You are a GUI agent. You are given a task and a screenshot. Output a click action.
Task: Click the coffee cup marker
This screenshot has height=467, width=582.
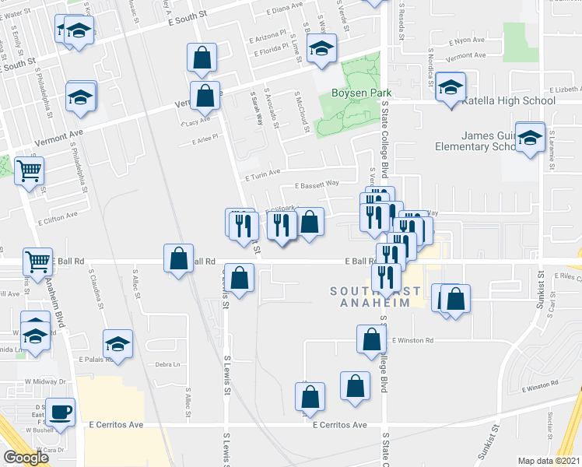pyautogui.click(x=60, y=411)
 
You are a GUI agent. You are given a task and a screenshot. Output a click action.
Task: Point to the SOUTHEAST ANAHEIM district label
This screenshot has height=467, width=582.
pyautogui.click(x=374, y=297)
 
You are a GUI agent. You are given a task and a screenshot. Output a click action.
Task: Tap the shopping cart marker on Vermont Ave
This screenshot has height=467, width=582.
pyautogui.click(x=30, y=171)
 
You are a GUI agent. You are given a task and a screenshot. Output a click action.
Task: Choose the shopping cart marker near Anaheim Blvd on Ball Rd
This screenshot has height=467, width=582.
pyautogui.click(x=37, y=262)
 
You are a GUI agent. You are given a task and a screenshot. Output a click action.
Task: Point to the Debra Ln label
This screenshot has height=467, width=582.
pyautogui.click(x=167, y=364)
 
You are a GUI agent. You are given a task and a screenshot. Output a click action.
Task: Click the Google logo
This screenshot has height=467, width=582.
pyautogui.click(x=26, y=458)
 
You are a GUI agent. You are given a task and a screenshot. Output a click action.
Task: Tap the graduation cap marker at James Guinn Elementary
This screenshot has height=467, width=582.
pyautogui.click(x=531, y=138)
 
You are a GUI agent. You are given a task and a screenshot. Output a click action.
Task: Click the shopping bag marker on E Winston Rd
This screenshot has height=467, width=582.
pyautogui.click(x=372, y=339)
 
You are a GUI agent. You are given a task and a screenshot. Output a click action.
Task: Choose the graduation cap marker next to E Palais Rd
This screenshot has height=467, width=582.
pyautogui.click(x=117, y=343)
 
